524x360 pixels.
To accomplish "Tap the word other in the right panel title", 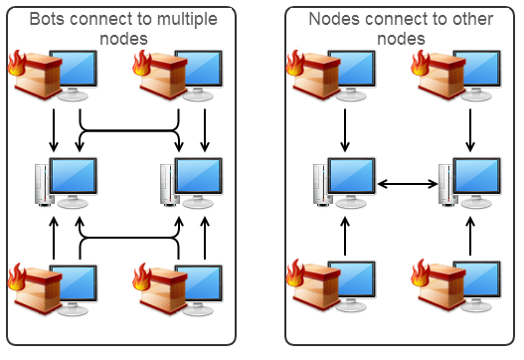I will (x=465, y=19).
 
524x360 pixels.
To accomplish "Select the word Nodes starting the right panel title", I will (x=333, y=19).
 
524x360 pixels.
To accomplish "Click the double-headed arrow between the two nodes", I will (x=408, y=183).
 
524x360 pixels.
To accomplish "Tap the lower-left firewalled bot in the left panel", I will (x=55, y=288).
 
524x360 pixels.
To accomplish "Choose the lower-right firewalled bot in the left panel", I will (x=179, y=288).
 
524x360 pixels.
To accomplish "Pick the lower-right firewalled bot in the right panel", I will (x=457, y=288).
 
